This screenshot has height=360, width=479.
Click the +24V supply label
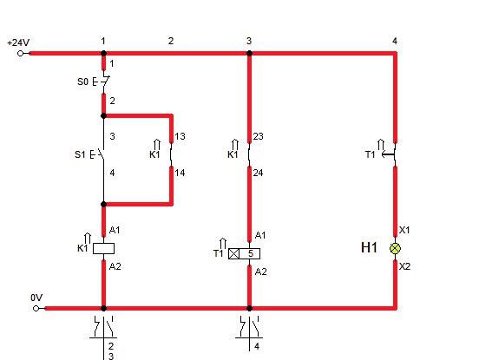18,43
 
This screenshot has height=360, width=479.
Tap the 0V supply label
36,298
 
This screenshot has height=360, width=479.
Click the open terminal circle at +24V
21,54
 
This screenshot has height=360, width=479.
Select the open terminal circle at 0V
36,309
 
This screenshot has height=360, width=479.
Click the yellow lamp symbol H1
396,249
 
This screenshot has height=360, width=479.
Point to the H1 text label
369,247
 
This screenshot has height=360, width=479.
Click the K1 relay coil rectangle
103,249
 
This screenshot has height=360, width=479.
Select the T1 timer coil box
245,254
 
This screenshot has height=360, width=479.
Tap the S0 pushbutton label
82,82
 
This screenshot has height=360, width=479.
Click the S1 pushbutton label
80,154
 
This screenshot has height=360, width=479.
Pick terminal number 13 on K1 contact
180,136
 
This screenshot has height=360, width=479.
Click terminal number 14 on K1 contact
180,173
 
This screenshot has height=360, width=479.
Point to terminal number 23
258,136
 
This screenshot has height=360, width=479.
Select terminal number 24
258,173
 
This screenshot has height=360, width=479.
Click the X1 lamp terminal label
404,230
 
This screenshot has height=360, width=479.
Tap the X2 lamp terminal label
404,266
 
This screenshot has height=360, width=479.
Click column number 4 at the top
395,41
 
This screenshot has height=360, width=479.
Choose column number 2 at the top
171,41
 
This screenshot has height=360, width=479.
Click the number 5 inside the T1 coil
251,254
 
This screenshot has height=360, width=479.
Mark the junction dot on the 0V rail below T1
249,309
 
